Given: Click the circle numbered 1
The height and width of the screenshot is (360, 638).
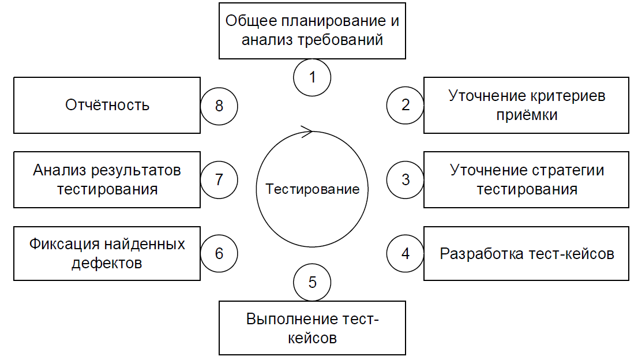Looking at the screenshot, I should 312,77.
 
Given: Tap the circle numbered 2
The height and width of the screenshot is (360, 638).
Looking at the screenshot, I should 405,105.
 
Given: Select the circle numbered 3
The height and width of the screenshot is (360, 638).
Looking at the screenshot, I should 405,179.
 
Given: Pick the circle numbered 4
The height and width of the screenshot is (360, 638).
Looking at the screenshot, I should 405,253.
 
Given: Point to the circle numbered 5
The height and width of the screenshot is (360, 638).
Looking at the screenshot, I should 312,282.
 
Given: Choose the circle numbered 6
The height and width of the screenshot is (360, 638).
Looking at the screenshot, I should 219,253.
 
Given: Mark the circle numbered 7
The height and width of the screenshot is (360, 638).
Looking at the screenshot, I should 219,179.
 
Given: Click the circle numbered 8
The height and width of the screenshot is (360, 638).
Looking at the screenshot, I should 219,105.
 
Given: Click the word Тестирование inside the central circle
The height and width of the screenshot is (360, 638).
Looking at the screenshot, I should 312,189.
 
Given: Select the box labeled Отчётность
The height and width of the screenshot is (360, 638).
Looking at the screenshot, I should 107,105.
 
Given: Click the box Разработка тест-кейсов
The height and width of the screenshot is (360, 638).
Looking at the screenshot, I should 527,253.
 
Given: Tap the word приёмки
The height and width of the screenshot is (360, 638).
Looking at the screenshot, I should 527,114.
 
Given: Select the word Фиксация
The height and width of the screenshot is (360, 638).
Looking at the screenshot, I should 62,244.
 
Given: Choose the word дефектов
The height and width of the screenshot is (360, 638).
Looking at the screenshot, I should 107,263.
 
